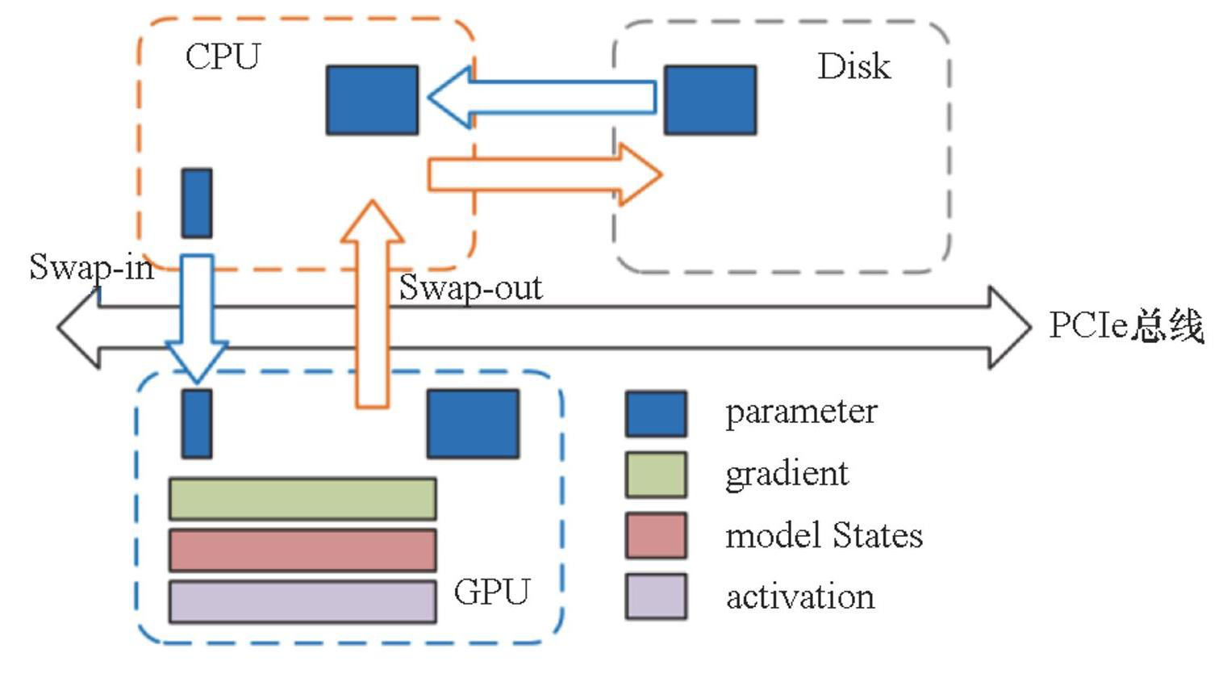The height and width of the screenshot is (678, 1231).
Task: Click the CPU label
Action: (x=223, y=56)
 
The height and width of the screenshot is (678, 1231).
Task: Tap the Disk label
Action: (x=853, y=66)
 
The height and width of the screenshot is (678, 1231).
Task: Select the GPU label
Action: (x=491, y=592)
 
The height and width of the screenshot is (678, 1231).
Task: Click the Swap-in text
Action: (x=91, y=266)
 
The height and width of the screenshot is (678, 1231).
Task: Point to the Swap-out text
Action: (x=470, y=287)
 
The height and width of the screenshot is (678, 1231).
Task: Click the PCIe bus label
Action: (x=1125, y=326)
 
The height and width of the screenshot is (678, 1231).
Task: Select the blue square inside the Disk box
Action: (x=710, y=100)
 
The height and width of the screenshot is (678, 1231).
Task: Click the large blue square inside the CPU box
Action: (x=372, y=100)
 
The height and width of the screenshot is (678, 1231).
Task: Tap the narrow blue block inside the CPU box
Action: (x=197, y=203)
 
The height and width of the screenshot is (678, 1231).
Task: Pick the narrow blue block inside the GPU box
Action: (x=197, y=424)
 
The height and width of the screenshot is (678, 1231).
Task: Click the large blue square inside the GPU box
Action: (x=473, y=424)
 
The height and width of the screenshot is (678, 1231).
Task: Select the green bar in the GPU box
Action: (x=303, y=499)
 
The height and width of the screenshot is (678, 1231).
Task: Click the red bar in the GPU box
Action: (x=303, y=550)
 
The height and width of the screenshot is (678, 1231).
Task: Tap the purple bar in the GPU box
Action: (x=303, y=602)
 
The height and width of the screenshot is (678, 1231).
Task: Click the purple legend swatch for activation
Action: (x=656, y=596)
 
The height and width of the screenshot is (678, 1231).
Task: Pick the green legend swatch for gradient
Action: (x=656, y=475)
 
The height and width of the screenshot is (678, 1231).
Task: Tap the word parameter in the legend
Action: (x=800, y=412)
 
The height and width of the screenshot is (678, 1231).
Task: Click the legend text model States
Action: (x=824, y=536)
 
